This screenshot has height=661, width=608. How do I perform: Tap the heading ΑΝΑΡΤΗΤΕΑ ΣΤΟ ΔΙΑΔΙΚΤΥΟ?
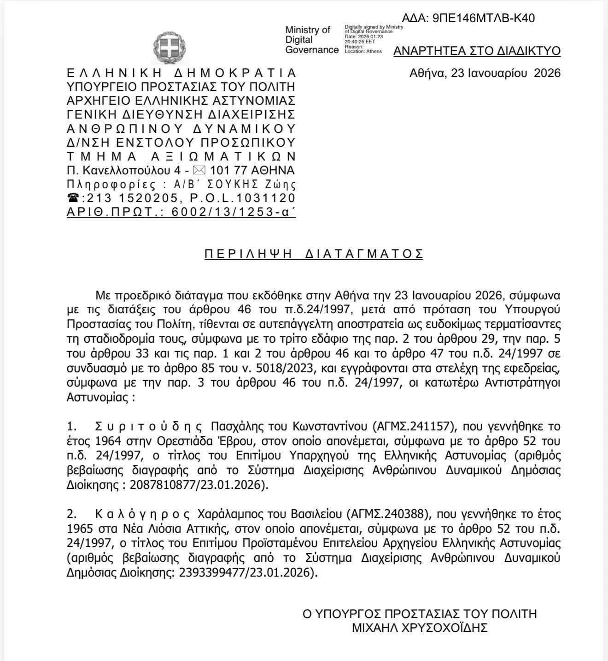[x=477, y=51]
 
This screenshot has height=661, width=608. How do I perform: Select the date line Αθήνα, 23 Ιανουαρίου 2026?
[x=485, y=73]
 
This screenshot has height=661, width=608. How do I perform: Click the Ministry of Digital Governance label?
[x=311, y=40]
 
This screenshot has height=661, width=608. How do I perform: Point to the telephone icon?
[x=73, y=198]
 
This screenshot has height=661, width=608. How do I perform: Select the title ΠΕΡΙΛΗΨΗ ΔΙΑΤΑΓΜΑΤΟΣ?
[x=314, y=254]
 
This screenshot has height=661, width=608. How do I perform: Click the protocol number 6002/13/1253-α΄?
[x=233, y=212]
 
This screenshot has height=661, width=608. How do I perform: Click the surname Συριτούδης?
[x=148, y=426]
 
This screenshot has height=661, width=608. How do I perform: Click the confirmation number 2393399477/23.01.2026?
[x=244, y=573]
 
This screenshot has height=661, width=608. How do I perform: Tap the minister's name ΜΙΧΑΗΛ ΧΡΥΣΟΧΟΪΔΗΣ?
[x=419, y=628]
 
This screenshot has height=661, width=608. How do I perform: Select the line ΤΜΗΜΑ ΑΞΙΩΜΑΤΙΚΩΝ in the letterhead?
[x=181, y=156]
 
